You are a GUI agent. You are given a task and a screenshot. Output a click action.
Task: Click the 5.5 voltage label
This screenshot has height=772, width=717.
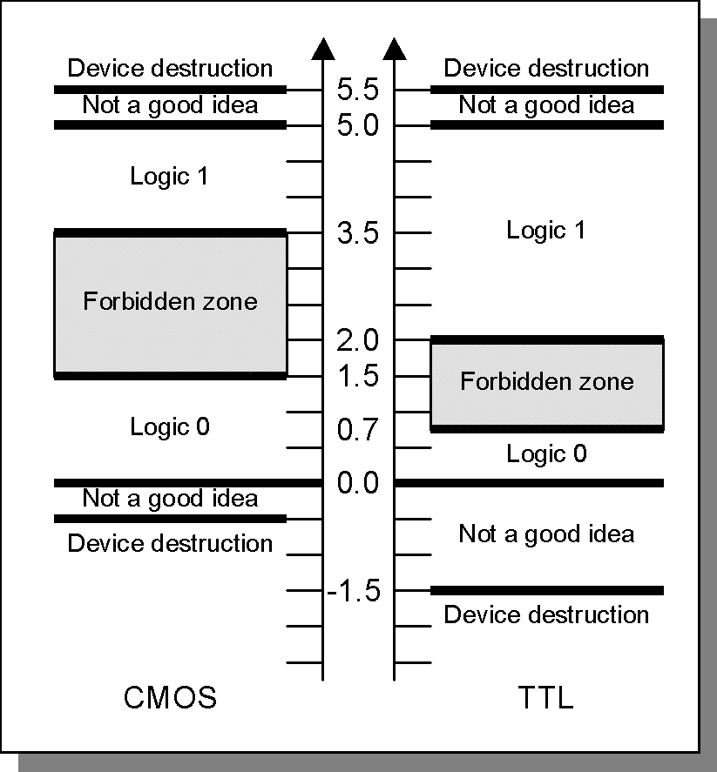(x=358, y=90)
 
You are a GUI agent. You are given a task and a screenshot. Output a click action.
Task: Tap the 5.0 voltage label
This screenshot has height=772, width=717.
(x=358, y=126)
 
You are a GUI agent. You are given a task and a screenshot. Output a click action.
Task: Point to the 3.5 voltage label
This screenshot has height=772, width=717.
(x=358, y=234)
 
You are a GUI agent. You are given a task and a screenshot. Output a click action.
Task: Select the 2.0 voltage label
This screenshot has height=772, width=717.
(x=358, y=340)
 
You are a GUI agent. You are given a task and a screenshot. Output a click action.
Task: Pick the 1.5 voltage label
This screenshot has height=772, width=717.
(x=358, y=377)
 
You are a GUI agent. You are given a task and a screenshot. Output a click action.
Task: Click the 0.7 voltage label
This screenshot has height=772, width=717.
(x=358, y=430)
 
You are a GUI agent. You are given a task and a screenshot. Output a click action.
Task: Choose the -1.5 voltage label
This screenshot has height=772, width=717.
(x=354, y=591)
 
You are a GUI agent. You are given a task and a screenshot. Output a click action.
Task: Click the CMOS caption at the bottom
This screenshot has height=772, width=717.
(x=170, y=698)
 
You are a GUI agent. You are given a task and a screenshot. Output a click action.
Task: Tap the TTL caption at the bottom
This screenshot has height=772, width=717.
(x=546, y=699)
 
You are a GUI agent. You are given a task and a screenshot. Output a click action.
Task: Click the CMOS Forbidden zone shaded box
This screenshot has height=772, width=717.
(x=171, y=304)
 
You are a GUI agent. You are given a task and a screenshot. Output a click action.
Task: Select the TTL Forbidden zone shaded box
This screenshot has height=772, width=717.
(x=547, y=384)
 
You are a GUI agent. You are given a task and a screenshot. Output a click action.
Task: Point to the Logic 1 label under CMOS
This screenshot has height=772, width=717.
(x=170, y=177)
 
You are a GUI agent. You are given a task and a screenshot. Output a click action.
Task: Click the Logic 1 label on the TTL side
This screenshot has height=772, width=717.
(x=546, y=231)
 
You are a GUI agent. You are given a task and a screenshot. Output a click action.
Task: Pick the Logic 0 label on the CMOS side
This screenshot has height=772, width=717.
(x=170, y=427)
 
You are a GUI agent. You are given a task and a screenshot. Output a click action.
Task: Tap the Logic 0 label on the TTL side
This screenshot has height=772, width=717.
(x=546, y=454)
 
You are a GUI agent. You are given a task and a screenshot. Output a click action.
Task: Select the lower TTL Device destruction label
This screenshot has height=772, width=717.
(x=546, y=614)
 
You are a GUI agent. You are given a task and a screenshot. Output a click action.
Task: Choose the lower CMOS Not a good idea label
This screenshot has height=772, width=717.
(x=170, y=499)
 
